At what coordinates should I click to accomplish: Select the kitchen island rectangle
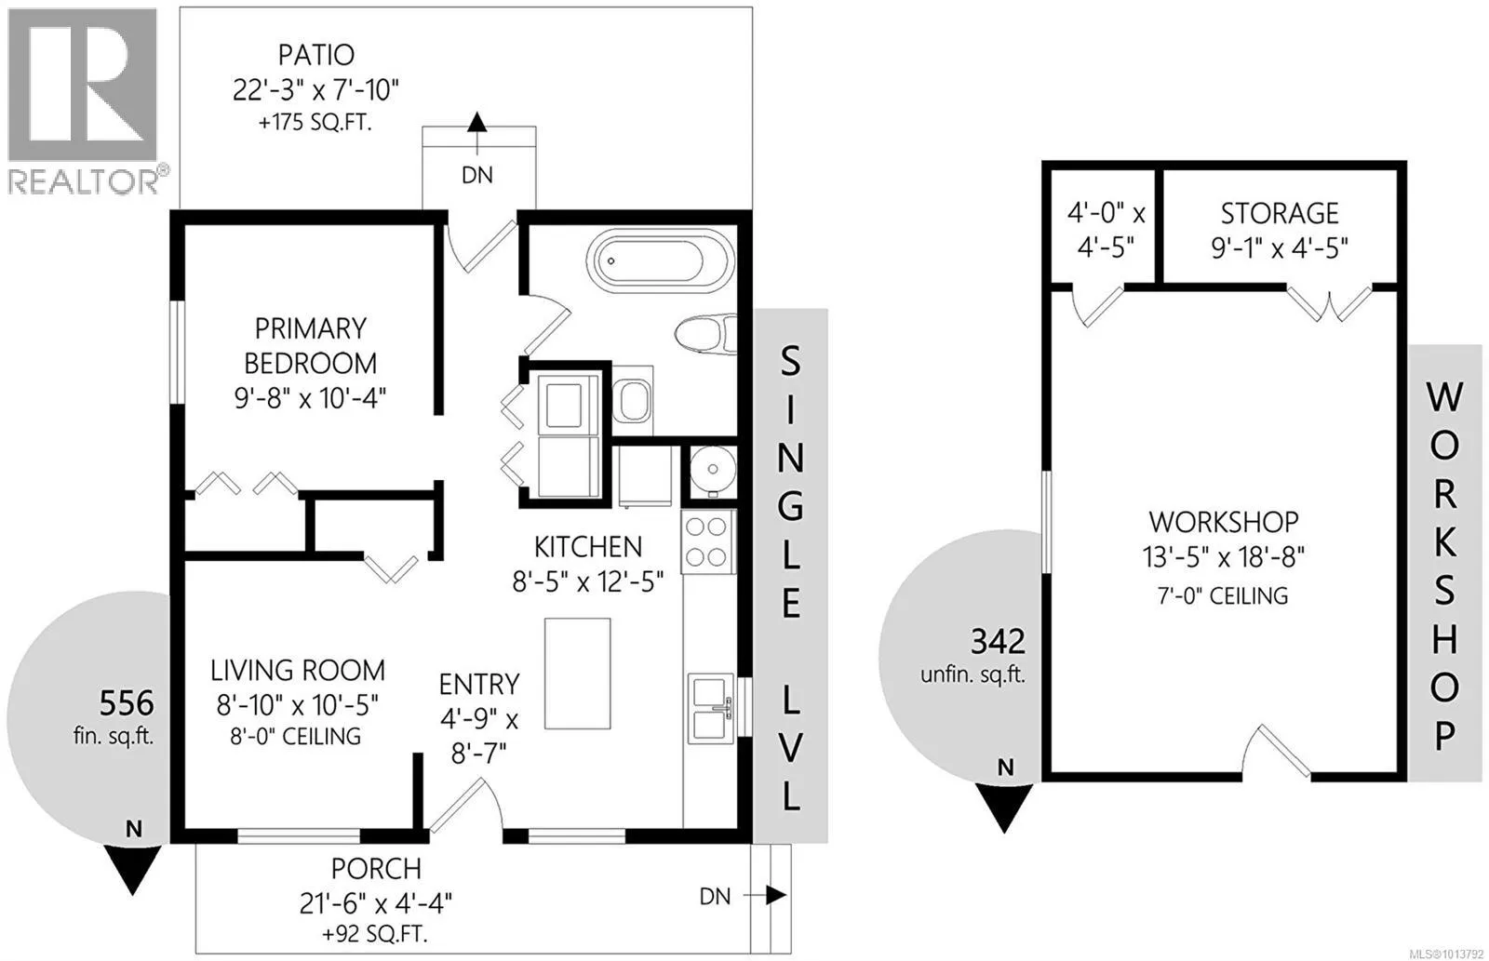pos(577,674)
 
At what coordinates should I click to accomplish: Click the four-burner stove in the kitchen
pos(707,541)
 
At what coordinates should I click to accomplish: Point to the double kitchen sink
pos(710,708)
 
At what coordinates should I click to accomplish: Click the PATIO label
pos(315,55)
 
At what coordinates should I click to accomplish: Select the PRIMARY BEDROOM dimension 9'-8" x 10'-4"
pos(311,399)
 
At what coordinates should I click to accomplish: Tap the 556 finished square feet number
pos(127,702)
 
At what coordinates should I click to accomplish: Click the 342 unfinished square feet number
pos(998,642)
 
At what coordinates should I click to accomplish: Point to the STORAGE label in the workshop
pos(1280,213)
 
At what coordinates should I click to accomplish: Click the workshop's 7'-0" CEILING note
pos(1223,595)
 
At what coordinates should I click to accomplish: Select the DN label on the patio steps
pos(477,176)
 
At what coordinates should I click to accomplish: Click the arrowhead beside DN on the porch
pos(776,895)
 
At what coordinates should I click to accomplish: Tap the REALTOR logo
pos(84,102)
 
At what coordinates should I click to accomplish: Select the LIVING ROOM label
pos(298,671)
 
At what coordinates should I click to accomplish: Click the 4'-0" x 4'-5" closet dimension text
pos(1107,231)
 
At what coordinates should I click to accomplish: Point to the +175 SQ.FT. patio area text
pos(315,123)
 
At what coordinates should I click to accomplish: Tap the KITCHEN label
pos(588,547)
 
